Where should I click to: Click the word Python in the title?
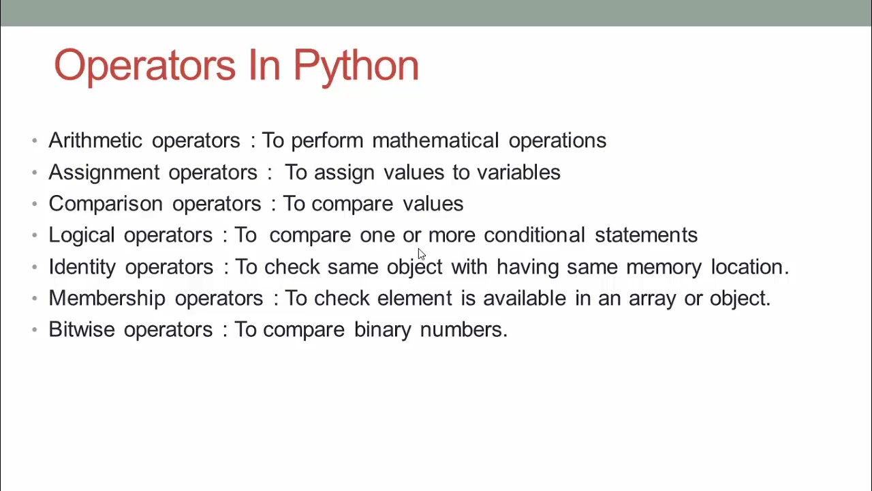coord(356,67)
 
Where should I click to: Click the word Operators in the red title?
coord(145,67)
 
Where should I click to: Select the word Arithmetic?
coord(95,140)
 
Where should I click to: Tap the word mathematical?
coord(435,140)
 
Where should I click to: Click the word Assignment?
coord(104,173)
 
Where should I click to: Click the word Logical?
coord(81,235)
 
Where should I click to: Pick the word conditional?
coord(534,235)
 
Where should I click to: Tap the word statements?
coord(647,235)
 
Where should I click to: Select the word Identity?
coord(82,267)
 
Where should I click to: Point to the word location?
coord(750,267)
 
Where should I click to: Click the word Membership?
coord(107,299)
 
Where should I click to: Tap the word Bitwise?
coord(82,329)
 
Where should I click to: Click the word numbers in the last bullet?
coord(464,329)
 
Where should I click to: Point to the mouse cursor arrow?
coord(422,254)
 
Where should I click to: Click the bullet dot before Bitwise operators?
coord(35,330)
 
